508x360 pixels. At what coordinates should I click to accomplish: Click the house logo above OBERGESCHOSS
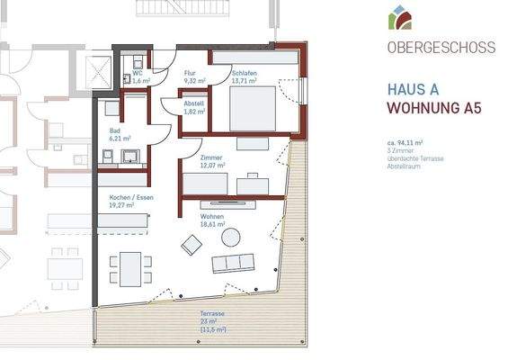[399, 17]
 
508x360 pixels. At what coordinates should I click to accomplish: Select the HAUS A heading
[413, 89]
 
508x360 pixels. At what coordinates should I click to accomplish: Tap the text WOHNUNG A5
[431, 109]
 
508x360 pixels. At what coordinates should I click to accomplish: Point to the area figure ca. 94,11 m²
[406, 142]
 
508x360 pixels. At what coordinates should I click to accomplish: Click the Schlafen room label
[244, 76]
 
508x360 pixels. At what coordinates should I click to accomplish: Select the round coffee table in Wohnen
[231, 237]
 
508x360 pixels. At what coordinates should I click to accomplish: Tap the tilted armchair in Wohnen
[192, 244]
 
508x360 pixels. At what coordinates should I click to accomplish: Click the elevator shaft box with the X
[96, 70]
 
